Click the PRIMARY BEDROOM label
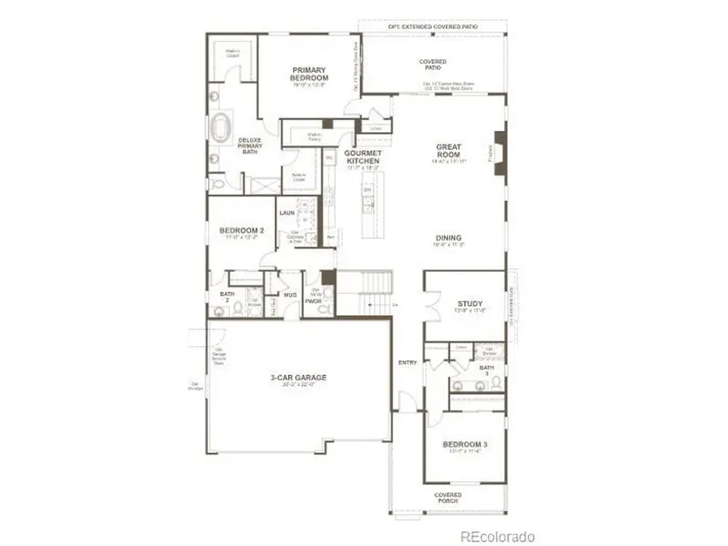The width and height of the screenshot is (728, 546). (310, 74)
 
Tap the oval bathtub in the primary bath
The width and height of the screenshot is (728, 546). (220, 128)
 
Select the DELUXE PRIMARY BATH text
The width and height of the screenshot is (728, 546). (249, 146)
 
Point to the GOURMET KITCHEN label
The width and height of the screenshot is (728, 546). (362, 158)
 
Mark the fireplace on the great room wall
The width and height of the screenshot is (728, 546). (500, 149)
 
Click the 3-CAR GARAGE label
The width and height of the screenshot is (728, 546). (298, 378)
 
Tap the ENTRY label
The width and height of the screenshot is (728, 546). (408, 362)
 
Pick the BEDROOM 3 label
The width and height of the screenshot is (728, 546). (464, 445)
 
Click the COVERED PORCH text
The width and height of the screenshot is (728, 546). (447, 498)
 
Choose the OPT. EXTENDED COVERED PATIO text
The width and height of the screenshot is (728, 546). (432, 27)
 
